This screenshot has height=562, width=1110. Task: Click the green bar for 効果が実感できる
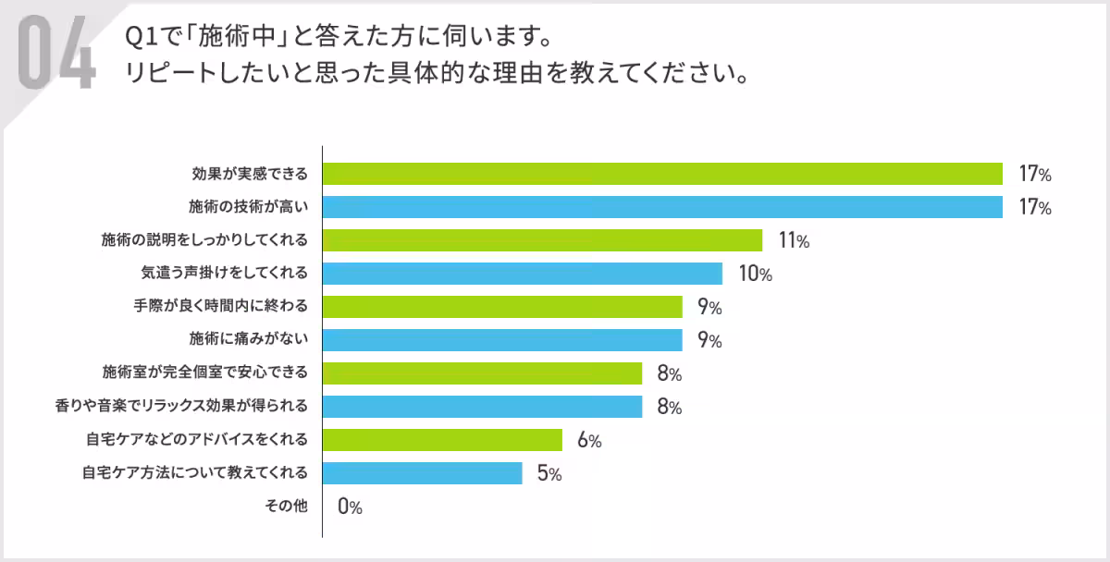pyautogui.click(x=662, y=174)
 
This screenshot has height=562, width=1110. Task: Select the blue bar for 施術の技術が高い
pyautogui.click(x=662, y=207)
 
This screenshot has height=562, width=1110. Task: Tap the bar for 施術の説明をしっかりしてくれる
pyautogui.click(x=542, y=240)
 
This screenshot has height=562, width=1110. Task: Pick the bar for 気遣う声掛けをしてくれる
pyautogui.click(x=523, y=274)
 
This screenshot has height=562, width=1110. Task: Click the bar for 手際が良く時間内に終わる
pyautogui.click(x=502, y=307)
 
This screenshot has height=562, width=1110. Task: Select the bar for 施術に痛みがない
pyautogui.click(x=502, y=340)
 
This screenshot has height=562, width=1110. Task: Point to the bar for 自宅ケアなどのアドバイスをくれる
pyautogui.click(x=442, y=440)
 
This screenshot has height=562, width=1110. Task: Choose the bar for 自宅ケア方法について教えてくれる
pyautogui.click(x=423, y=473)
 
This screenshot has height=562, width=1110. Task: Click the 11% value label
pyautogui.click(x=794, y=241)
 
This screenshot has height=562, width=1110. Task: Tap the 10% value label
pyautogui.click(x=754, y=275)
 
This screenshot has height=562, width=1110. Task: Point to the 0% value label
pyautogui.click(x=350, y=507)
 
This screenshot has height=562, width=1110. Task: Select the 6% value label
pyautogui.click(x=589, y=441)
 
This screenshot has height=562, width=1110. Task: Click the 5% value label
pyautogui.click(x=549, y=474)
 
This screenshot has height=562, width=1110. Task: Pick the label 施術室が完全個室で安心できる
pyautogui.click(x=204, y=373)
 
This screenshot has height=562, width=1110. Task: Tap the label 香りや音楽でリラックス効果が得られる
pyautogui.click(x=181, y=407)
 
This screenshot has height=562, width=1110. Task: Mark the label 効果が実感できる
pyautogui.click(x=250, y=174)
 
